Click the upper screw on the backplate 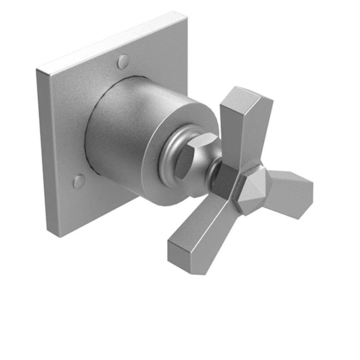123,62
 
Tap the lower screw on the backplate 79,181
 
